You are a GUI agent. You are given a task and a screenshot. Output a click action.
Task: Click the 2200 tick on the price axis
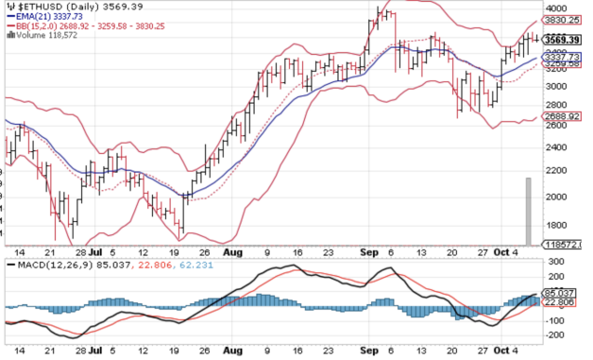559,169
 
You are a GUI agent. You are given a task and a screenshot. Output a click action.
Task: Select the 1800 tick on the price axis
559,225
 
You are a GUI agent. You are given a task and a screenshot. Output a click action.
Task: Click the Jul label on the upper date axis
94,253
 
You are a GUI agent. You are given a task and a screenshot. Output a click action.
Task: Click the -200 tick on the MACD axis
555,335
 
